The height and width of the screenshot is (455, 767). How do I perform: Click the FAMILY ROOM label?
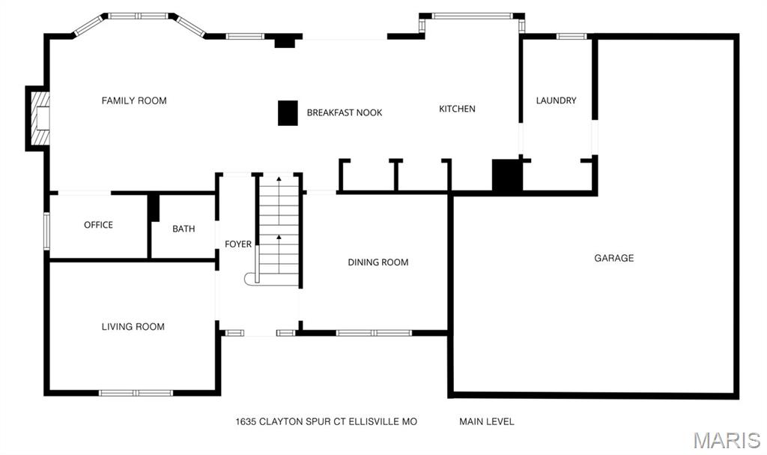pyautogui.click(x=134, y=101)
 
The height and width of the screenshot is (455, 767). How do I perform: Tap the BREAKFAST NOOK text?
pyautogui.click(x=345, y=112)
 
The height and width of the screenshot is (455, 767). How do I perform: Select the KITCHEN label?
pyautogui.click(x=457, y=109)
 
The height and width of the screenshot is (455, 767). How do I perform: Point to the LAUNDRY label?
pyautogui.click(x=557, y=100)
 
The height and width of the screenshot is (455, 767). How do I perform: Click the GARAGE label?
pyautogui.click(x=614, y=258)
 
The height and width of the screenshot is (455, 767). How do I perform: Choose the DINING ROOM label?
pyautogui.click(x=378, y=262)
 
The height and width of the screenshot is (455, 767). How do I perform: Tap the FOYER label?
pyautogui.click(x=238, y=244)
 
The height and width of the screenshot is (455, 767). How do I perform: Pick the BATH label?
pyautogui.click(x=184, y=229)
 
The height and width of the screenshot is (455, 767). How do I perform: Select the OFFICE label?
pyautogui.click(x=98, y=225)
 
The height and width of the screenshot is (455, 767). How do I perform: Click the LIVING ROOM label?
pyautogui.click(x=133, y=327)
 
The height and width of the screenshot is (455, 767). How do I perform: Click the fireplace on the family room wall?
pyautogui.click(x=38, y=118)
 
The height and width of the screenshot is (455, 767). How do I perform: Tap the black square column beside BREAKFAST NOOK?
pyautogui.click(x=288, y=113)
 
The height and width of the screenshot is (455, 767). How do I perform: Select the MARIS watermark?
pyautogui.click(x=727, y=440)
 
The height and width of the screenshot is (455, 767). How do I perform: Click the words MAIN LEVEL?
pyautogui.click(x=487, y=421)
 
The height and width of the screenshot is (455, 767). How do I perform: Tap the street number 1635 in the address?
pyautogui.click(x=246, y=422)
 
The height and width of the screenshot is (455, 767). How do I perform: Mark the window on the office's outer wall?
pyautogui.click(x=47, y=231)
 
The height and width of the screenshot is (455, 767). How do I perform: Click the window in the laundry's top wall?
pyautogui.click(x=572, y=36)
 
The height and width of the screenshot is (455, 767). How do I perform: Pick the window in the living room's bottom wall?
pyautogui.click(x=136, y=393)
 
